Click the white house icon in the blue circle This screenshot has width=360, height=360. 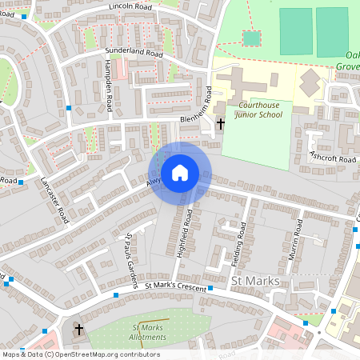point(180,173)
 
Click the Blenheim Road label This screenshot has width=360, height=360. point(210,102)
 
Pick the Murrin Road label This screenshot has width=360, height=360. point(295,240)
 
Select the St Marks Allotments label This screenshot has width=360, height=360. point(149,332)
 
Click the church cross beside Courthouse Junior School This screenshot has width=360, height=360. point(221,124)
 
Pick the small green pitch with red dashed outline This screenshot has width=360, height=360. point(251,38)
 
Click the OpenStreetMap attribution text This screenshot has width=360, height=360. point(81,354)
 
